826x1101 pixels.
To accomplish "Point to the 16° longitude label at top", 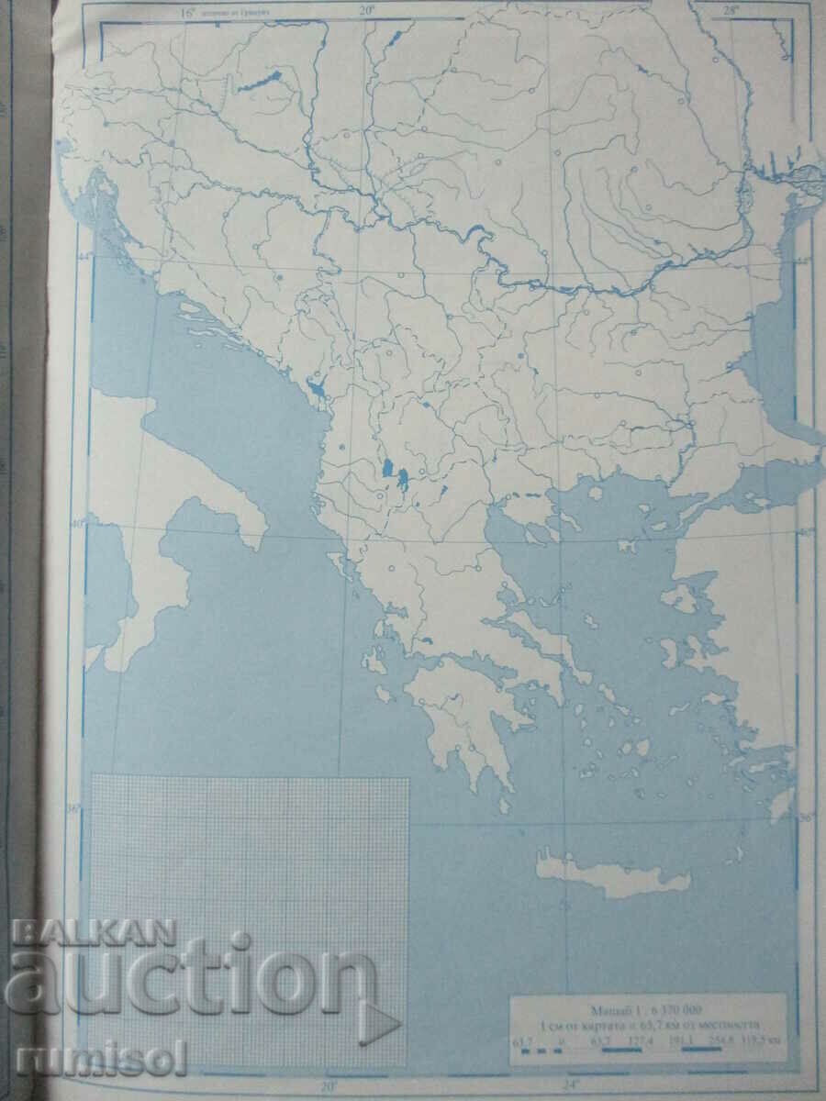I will pos(188,13).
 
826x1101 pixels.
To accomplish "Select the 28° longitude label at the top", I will pos(731,11).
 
